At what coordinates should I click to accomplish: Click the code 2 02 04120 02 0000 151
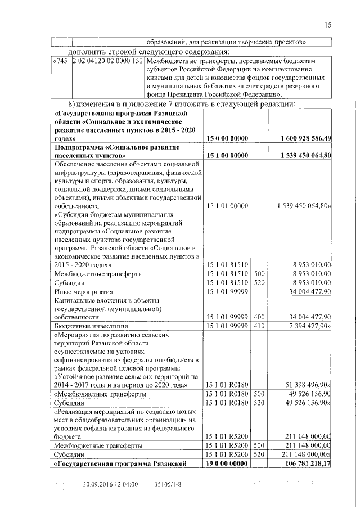tap(107, 60)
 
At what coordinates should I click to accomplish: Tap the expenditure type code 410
tap(259, 326)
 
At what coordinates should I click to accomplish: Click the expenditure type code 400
tap(259, 317)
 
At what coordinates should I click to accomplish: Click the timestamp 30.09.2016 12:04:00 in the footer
tap(110, 483)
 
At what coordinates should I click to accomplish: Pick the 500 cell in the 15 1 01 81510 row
tap(259, 273)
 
